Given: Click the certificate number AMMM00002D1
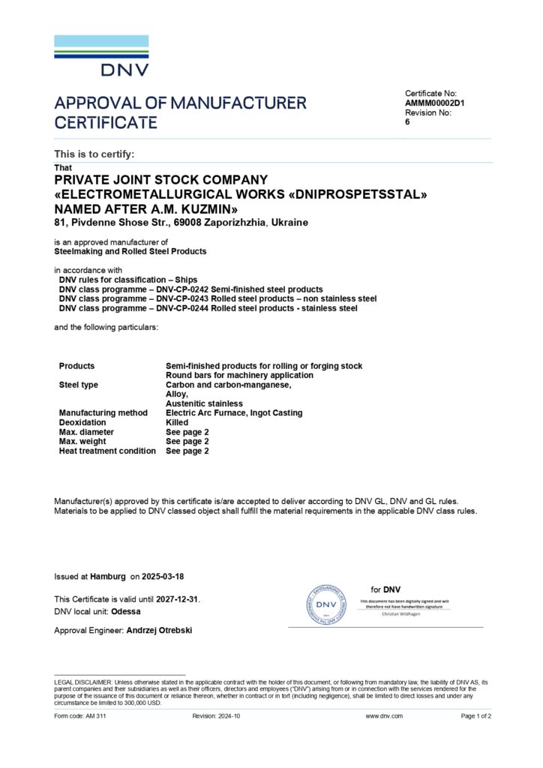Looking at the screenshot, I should point(435,103).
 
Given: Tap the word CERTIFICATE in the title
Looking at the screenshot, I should point(106,122).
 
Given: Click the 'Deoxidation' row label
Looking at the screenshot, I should point(82,422).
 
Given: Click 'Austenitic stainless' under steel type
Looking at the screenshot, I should point(204,403).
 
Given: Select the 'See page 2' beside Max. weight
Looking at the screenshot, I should point(187,441).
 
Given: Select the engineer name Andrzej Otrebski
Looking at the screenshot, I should point(159,631).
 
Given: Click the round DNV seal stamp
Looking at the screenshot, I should point(325,604).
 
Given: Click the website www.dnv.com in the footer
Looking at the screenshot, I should point(384,716).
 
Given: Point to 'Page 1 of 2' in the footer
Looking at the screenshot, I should point(475,716).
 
